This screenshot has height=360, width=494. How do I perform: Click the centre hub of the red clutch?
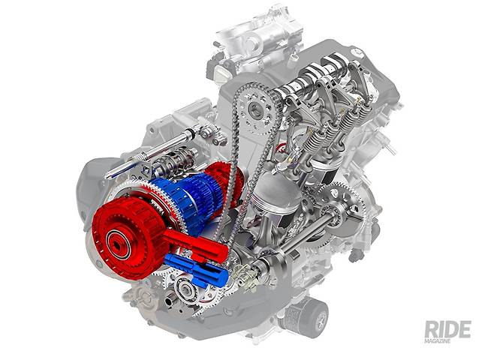click(x=119, y=243)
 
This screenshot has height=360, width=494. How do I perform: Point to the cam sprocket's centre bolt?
click(x=255, y=109)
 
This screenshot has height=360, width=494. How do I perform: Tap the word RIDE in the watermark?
click(x=447, y=329)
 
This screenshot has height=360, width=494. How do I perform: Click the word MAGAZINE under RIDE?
click(x=437, y=340)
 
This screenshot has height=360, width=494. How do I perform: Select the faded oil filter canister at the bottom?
click(x=306, y=316)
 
